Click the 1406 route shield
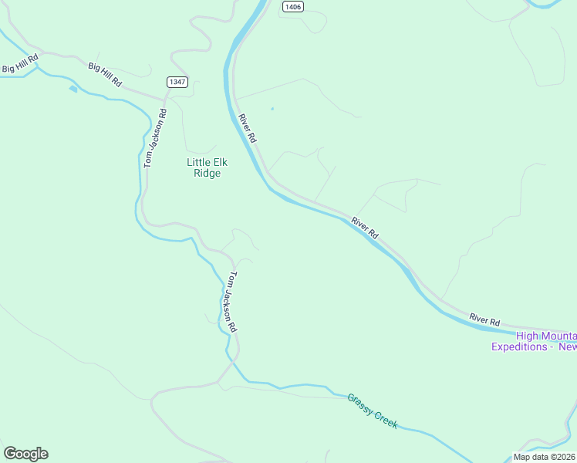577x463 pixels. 293,6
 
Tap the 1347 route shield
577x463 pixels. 177,82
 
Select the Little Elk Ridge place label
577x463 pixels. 204,167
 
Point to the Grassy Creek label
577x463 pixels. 372,410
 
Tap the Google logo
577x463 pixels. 25,454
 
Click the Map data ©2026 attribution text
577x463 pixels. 545,457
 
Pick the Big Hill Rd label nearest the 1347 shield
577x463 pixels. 106,75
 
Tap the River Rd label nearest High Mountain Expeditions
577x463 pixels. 484,320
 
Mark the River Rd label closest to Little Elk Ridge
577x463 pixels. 247,127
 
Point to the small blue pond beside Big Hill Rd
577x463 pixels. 73,89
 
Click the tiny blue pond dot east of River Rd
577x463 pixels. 272,108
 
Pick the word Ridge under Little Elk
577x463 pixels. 207,174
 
